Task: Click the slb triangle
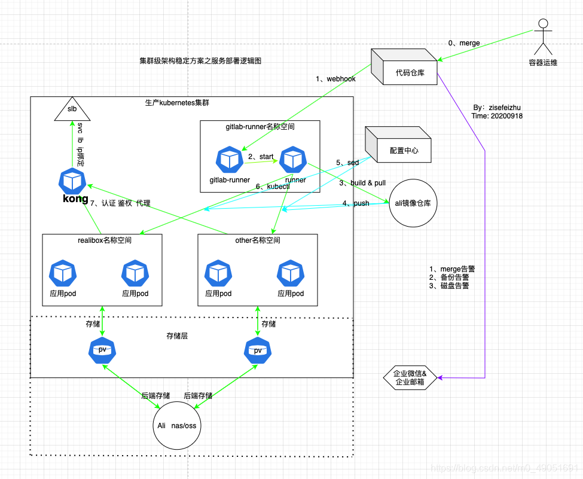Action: click(x=72, y=111)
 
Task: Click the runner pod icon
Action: click(x=294, y=159)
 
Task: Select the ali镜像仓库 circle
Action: click(x=413, y=203)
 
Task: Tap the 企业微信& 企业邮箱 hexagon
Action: click(x=410, y=378)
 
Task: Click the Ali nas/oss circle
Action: click(x=177, y=426)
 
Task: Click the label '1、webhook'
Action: click(x=335, y=79)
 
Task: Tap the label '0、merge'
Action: click(x=464, y=43)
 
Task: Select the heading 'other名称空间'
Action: click(x=258, y=240)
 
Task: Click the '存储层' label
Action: click(x=177, y=337)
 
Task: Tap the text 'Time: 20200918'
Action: click(x=497, y=116)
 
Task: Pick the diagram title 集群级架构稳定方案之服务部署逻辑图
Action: click(x=200, y=61)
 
